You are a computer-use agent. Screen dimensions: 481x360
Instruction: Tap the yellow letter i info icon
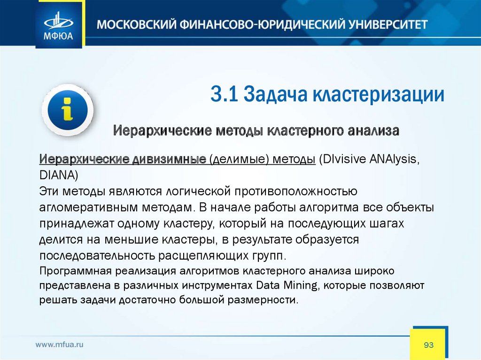coord(68,110)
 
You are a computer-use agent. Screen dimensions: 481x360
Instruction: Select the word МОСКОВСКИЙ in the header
coord(136,24)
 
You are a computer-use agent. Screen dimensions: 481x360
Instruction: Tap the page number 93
coord(428,345)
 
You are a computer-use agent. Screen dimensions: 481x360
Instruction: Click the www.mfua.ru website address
coord(60,345)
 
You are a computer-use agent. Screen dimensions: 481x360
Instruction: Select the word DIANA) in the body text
coord(59,176)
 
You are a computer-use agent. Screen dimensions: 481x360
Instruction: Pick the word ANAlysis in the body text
coord(394,159)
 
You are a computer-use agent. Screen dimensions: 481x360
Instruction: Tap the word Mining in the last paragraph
coord(301,285)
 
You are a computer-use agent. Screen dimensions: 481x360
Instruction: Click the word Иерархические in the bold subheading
coord(163,130)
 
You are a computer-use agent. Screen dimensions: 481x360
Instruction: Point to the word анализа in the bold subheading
coord(373,131)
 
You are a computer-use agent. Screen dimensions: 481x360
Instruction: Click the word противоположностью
coord(296,191)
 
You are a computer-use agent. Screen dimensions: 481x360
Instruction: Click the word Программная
coord(75,271)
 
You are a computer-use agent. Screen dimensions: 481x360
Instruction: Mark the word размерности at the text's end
coord(263,299)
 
